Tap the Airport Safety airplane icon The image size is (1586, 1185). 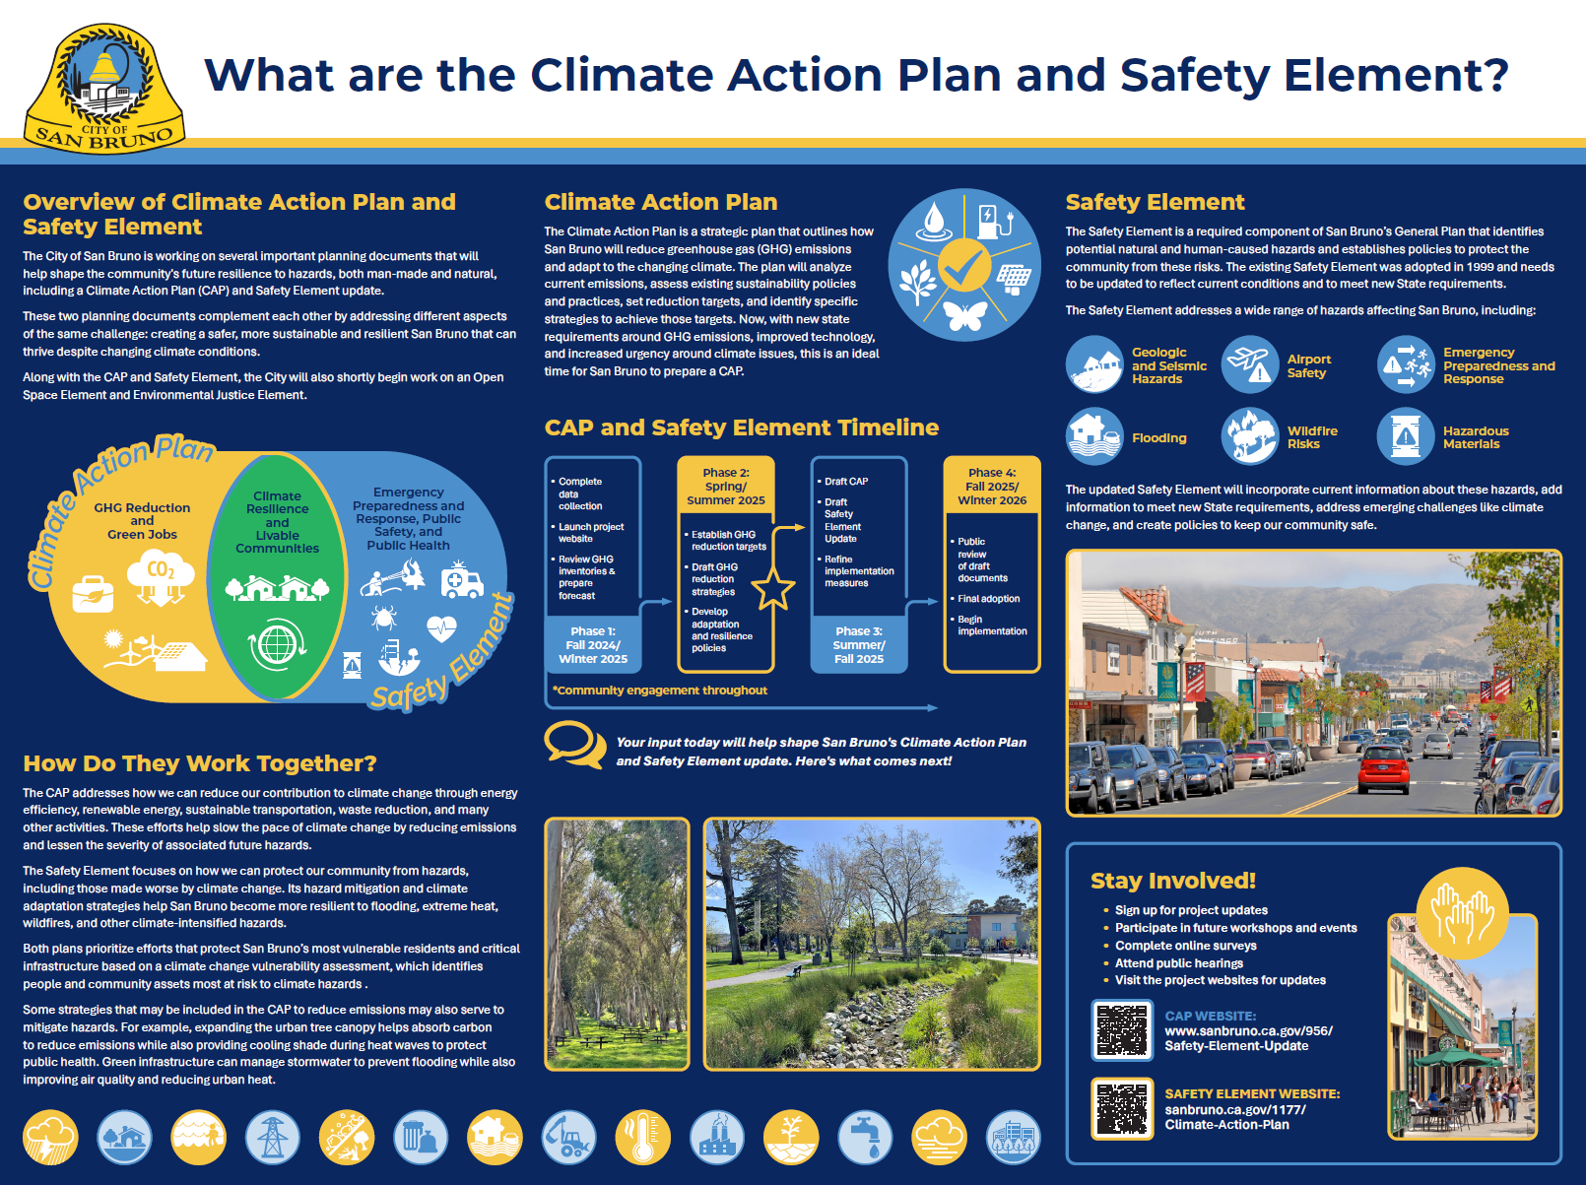[1250, 364]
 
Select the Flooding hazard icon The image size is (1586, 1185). [1094, 436]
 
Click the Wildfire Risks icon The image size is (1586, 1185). [1250, 436]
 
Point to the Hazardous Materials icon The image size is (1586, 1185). [1406, 436]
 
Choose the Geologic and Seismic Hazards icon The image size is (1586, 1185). [1094, 364]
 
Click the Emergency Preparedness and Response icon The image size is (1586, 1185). [1406, 364]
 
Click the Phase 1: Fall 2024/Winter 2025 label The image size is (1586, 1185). [593, 645]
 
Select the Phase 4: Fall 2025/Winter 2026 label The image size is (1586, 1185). [992, 487]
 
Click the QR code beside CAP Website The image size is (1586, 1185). [1122, 1030]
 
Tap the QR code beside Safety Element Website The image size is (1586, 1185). [1122, 1108]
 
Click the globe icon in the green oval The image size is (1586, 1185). [277, 645]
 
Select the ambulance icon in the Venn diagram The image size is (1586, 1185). [461, 580]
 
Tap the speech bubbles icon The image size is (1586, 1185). [575, 745]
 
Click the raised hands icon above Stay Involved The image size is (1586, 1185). [1462, 912]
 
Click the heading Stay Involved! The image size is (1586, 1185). [1173, 881]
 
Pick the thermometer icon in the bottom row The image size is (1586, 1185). [643, 1137]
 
